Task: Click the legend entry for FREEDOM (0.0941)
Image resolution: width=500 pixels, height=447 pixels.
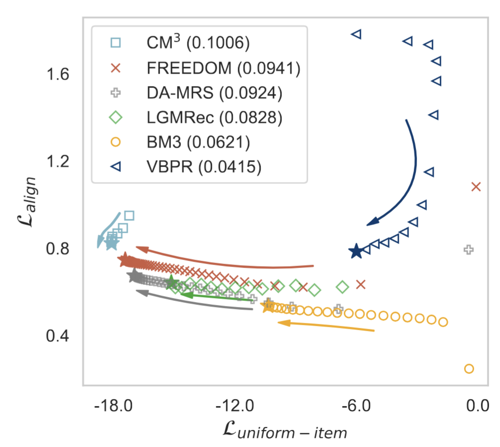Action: click(x=224, y=68)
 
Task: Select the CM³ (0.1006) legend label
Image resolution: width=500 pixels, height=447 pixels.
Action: click(x=198, y=43)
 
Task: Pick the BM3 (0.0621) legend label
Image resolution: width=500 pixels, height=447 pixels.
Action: click(x=198, y=142)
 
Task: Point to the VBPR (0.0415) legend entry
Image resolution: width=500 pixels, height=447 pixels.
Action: click(x=204, y=167)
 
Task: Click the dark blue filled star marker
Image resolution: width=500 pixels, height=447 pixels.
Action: click(x=356, y=251)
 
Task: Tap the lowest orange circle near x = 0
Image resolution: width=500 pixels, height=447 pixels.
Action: click(x=469, y=368)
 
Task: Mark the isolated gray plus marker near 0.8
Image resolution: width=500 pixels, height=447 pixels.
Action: click(x=468, y=250)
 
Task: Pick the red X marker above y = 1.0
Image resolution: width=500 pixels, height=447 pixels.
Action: click(x=476, y=187)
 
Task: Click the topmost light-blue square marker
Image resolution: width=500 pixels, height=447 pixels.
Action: click(x=129, y=215)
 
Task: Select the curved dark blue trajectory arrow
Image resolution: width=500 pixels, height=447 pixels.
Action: click(x=411, y=169)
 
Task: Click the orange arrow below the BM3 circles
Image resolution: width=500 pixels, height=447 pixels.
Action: click(x=326, y=326)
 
